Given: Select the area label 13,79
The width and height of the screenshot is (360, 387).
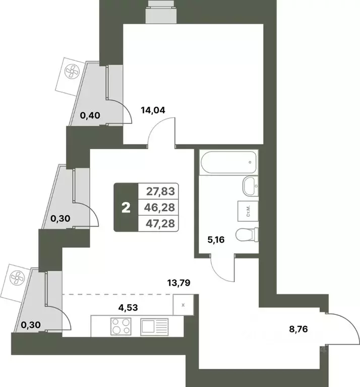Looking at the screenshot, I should point(178,283).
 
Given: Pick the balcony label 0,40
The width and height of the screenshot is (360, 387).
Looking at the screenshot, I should point(90,115).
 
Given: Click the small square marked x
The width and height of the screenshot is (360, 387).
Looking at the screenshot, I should point(183,305).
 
